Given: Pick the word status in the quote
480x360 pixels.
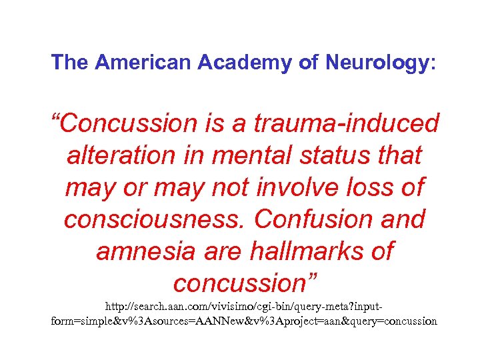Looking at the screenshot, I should coord(341,155).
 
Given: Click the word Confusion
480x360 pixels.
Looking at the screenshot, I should coord(317,219).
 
